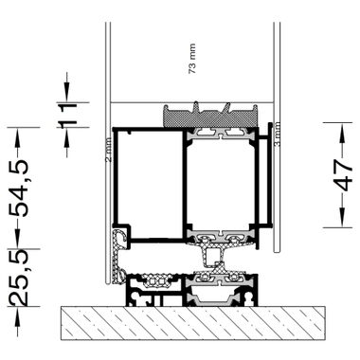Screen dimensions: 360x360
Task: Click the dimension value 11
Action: click(66, 117)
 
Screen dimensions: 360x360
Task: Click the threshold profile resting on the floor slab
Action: click(189, 289)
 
